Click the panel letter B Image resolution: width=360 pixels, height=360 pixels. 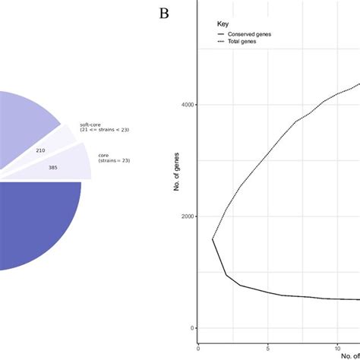point(163,13)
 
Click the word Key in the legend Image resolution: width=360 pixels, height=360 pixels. point(222,24)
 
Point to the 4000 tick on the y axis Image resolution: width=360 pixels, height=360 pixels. point(185,105)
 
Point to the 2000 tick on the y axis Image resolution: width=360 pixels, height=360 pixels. point(185,216)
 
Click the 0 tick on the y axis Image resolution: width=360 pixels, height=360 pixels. point(191,328)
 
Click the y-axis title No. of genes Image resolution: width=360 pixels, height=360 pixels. point(176,190)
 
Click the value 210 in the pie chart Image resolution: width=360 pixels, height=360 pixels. point(40,150)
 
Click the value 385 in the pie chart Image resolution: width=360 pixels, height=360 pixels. point(52,167)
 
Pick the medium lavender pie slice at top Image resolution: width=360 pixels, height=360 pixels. point(23,122)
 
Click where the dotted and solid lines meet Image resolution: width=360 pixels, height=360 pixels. point(212,239)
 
